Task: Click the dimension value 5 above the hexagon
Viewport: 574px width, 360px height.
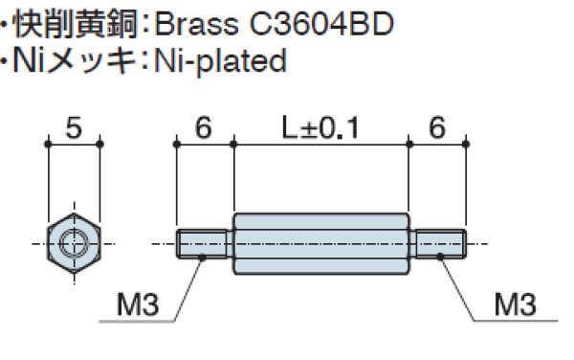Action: click(x=73, y=127)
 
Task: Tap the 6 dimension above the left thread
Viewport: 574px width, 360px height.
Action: click(x=204, y=127)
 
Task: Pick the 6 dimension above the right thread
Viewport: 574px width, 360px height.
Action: click(x=437, y=127)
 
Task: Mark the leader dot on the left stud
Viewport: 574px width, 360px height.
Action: click(x=203, y=257)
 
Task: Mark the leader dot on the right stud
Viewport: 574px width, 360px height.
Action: click(x=440, y=257)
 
